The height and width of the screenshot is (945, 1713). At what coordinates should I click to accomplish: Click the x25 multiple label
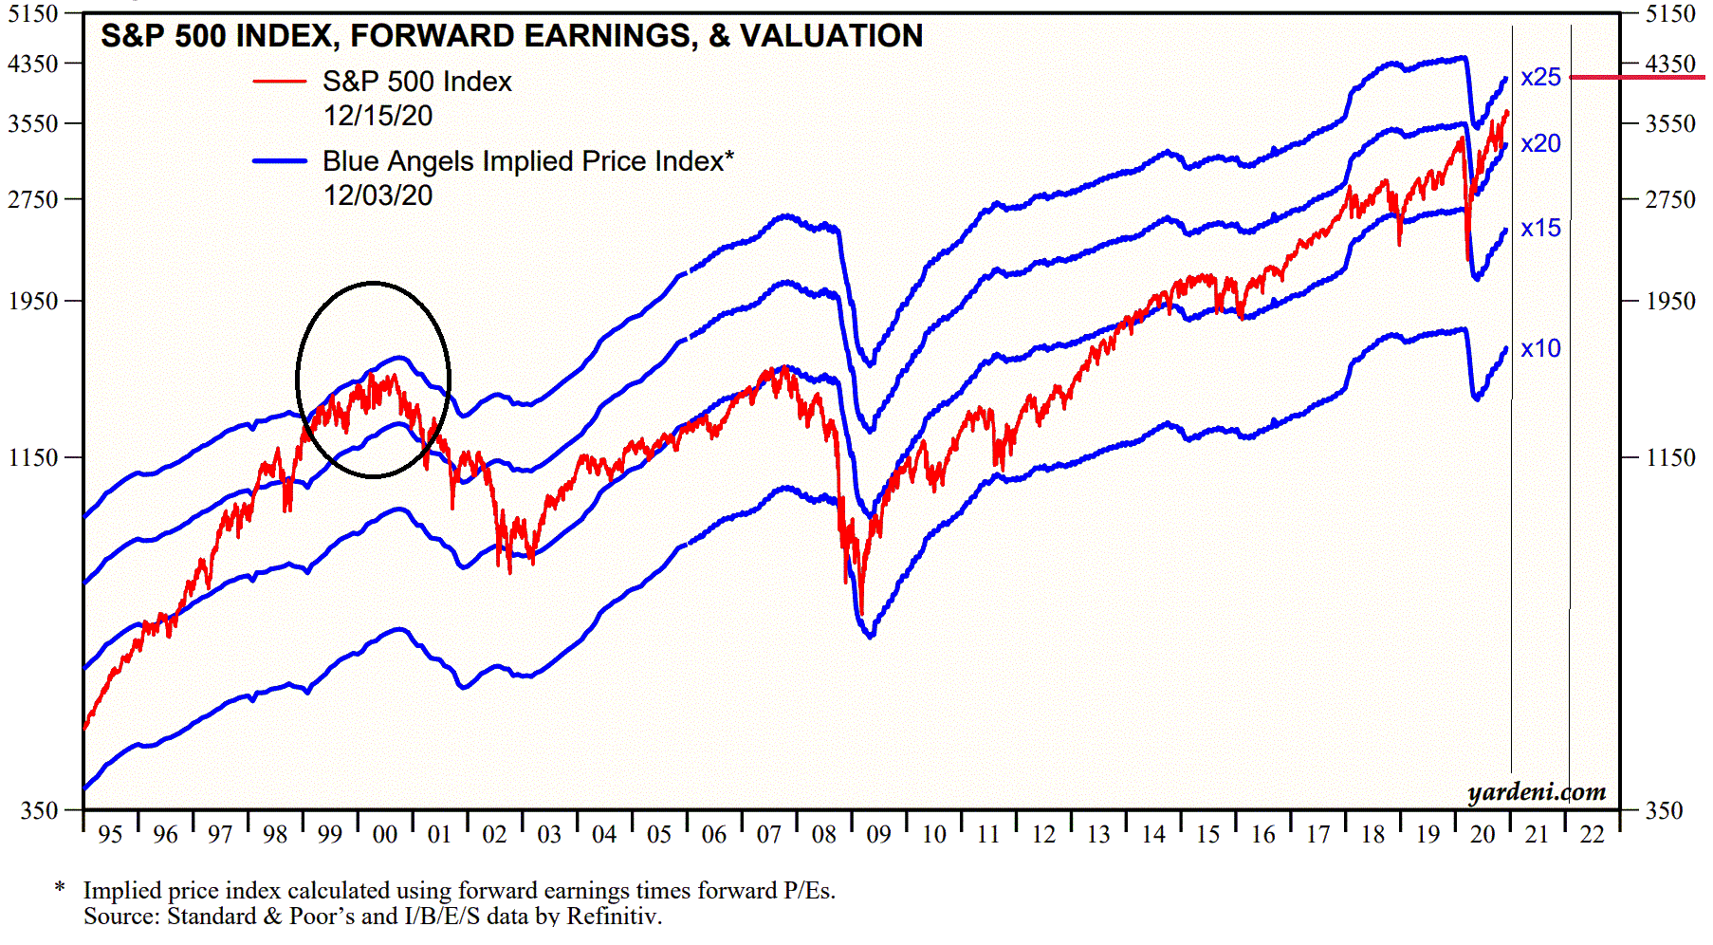[x=1539, y=78]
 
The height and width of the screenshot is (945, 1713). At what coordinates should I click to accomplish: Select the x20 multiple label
[x=1539, y=144]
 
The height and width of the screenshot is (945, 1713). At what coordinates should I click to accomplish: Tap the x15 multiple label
[x=1539, y=229]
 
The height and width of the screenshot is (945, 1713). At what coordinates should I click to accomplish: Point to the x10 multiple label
[x=1539, y=349]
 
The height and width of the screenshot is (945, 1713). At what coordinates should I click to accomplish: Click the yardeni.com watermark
[x=1537, y=792]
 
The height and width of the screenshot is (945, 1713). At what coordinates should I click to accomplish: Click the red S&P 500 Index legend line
[x=280, y=83]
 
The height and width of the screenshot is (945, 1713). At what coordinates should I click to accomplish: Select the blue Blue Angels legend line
[x=280, y=161]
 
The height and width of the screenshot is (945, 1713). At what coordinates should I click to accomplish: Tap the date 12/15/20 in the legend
[x=378, y=116]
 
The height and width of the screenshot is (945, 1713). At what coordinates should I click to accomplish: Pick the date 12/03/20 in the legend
[x=378, y=195]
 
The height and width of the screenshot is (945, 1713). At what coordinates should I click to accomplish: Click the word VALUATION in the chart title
[x=831, y=36]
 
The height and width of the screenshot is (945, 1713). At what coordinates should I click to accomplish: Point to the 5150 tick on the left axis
[x=33, y=14]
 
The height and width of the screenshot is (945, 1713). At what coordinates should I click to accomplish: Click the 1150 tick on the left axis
[x=33, y=458]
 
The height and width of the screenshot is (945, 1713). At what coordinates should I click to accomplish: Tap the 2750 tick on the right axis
[x=1670, y=200]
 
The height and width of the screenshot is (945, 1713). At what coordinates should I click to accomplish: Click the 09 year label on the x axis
[x=878, y=835]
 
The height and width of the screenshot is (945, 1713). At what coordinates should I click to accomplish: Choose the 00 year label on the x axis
[x=384, y=835]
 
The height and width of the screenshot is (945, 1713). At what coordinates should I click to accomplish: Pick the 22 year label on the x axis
[x=1592, y=835]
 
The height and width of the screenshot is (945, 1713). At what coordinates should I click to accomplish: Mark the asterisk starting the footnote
[x=60, y=888]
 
